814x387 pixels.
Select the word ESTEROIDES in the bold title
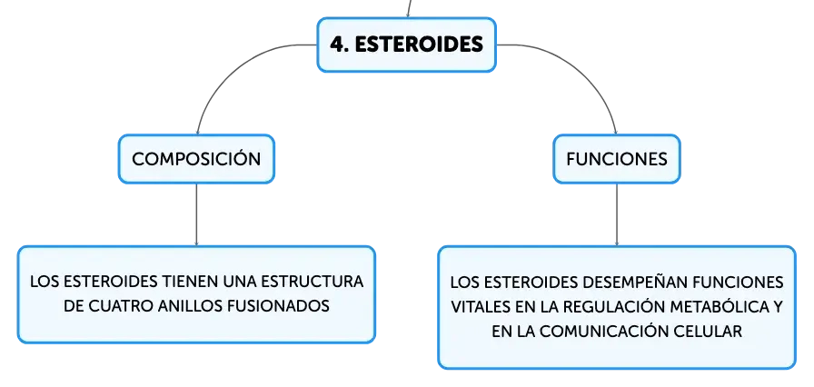(x=419, y=45)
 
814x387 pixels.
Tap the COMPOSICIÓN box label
(x=196, y=159)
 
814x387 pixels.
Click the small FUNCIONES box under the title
(x=617, y=159)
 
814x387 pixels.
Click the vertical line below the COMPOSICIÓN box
(x=196, y=214)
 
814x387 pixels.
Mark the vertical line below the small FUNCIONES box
(x=617, y=214)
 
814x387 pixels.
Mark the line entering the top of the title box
(x=409, y=9)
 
